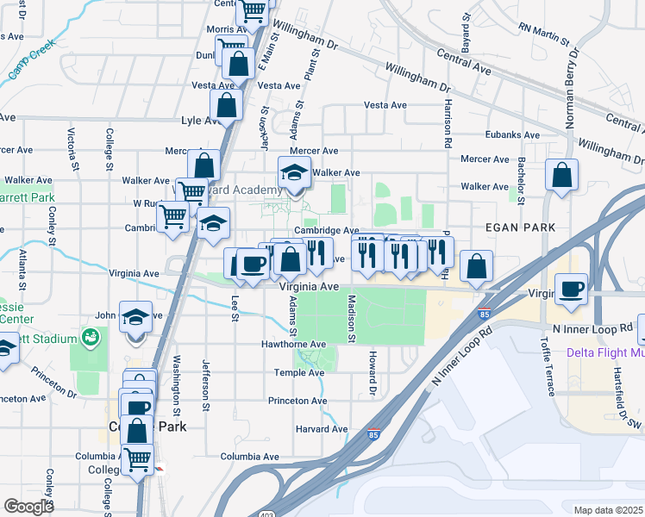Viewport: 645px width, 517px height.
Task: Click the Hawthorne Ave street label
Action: (294, 344)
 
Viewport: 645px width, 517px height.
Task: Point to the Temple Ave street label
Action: (298, 372)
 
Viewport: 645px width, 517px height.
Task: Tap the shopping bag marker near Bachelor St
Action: (561, 176)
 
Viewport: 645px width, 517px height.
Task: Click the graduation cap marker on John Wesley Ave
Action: (135, 317)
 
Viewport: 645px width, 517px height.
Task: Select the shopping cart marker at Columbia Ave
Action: (137, 458)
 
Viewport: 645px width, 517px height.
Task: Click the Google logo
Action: (28, 507)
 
